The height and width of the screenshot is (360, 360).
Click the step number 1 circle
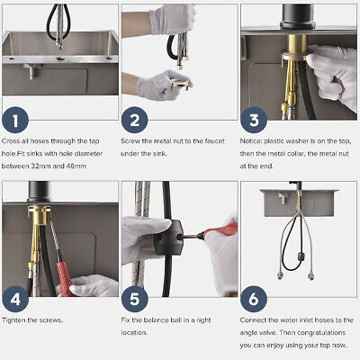point(15,120)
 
